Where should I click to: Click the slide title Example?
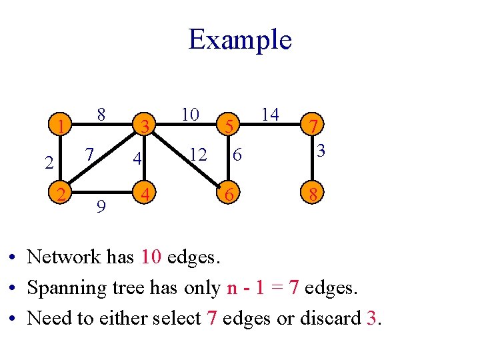tap(240, 40)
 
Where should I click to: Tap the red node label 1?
tap(61, 125)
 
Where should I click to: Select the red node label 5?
tap(229, 125)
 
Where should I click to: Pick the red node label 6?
tap(229, 195)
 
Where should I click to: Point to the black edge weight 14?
tap(269, 114)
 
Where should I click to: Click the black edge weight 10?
tap(190, 115)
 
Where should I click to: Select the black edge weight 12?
tap(197, 155)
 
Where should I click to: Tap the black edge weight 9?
tap(100, 207)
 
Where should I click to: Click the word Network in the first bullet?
tap(63, 257)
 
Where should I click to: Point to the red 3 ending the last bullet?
tap(372, 318)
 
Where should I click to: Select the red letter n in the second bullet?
tap(232, 289)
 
